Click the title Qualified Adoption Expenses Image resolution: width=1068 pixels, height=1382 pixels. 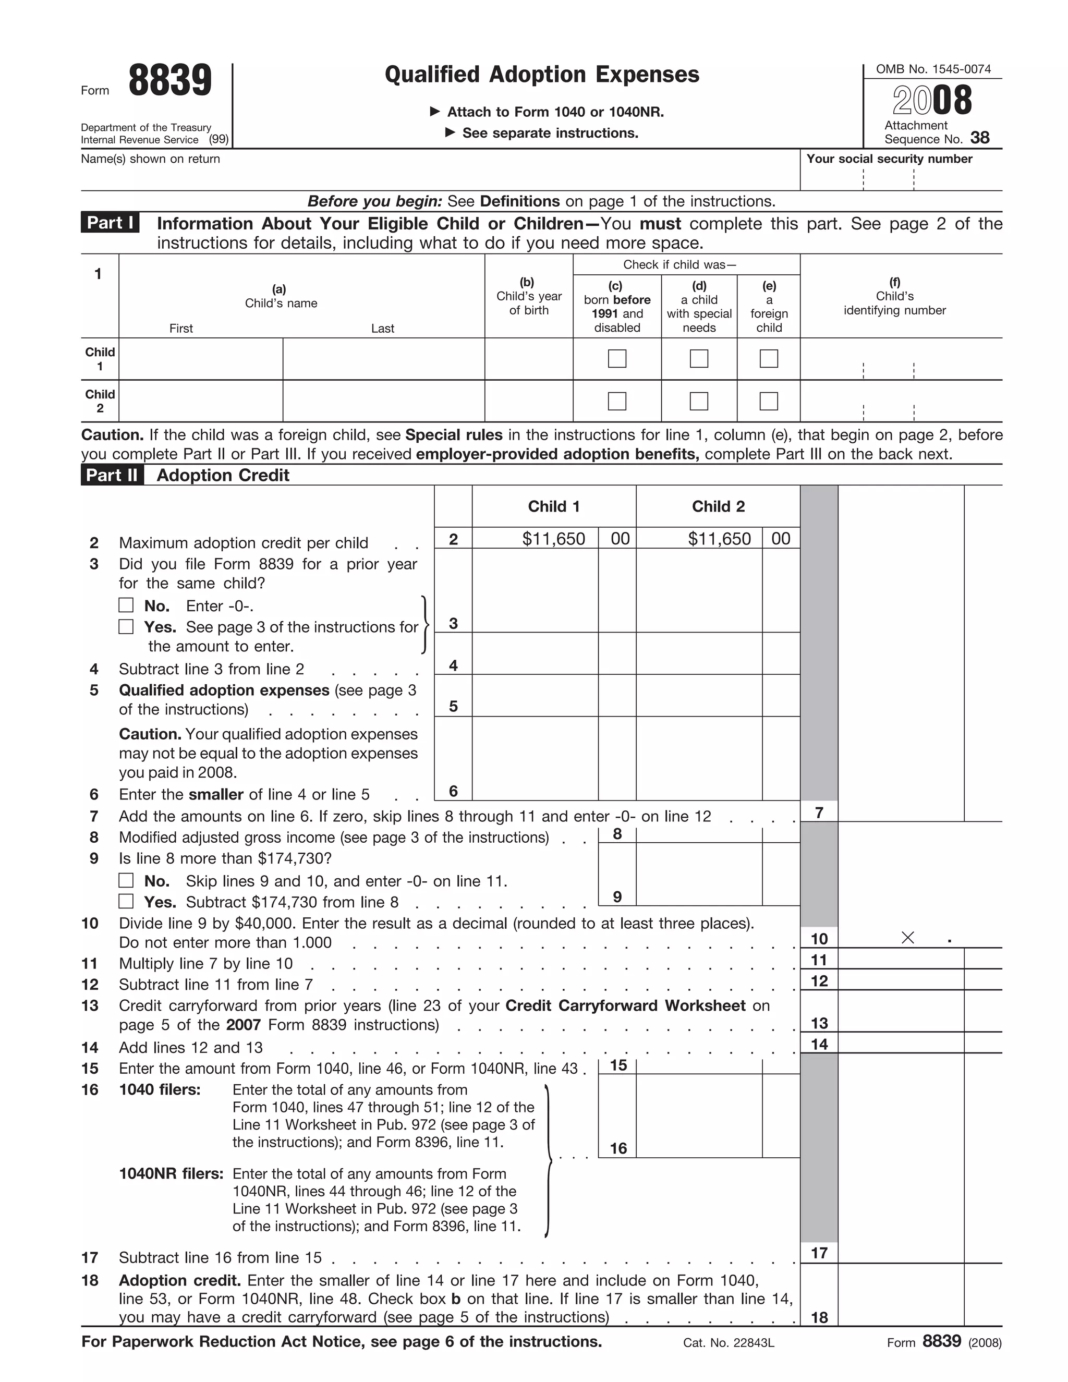coord(542,75)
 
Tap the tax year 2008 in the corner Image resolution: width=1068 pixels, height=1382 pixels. coord(932,101)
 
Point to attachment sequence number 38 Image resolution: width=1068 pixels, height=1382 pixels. coord(979,138)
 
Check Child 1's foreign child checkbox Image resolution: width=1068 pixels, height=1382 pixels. coord(768,359)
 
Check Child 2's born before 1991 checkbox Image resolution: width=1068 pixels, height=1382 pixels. coord(617,401)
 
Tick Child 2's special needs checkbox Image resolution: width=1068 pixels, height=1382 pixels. coord(698,401)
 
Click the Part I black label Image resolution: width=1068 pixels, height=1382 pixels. coord(110,223)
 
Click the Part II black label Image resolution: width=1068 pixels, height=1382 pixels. coord(112,475)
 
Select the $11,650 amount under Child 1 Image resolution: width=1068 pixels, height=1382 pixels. coord(553,539)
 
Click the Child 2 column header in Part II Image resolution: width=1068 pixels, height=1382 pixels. coord(718,506)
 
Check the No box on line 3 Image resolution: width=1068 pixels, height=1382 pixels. coord(127,605)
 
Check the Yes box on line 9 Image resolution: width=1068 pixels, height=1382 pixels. coord(127,901)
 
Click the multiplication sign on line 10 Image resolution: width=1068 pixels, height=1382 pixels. coord(907,938)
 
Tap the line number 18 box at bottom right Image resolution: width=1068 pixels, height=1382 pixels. coord(819,1317)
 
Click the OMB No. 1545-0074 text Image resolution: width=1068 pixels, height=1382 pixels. coord(932,69)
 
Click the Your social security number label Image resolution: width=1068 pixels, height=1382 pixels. coord(889,159)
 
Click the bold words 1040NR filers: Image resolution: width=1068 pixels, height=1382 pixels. coord(171,1174)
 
